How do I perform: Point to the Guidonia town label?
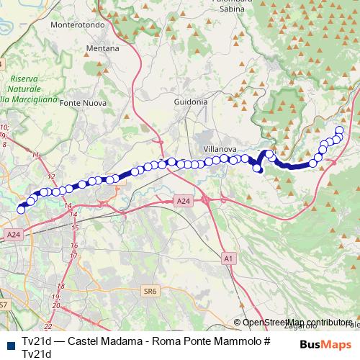[191, 102]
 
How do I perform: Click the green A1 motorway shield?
[228, 257]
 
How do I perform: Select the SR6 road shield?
[149, 291]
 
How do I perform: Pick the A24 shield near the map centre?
[184, 202]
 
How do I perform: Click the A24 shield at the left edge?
[14, 234]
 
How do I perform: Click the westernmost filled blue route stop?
[21, 209]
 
